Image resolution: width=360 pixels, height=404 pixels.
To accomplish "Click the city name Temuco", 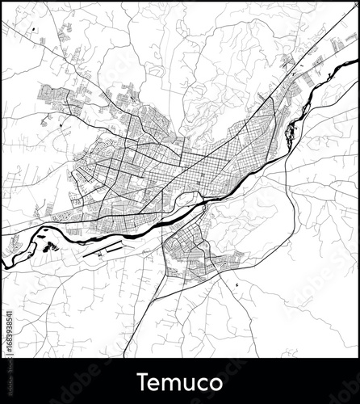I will tap(179, 380).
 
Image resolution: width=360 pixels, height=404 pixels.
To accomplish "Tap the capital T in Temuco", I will tap(141, 380).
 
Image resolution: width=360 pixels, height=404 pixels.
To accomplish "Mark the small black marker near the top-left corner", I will tap(35, 31).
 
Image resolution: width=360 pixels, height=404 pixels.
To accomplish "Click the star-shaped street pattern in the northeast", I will tap(287, 61).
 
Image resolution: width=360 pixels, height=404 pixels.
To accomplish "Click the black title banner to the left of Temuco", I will tap(65, 381).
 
